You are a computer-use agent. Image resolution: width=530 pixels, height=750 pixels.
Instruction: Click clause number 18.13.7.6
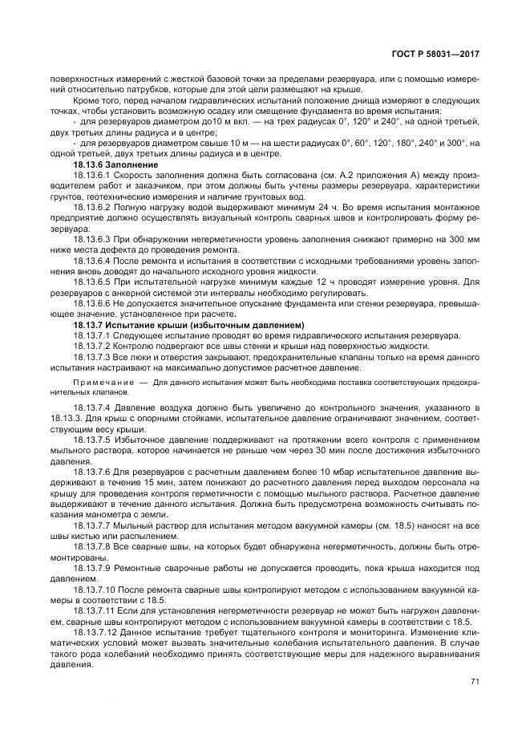point(91,473)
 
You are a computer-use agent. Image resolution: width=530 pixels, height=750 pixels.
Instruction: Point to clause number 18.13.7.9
point(91,568)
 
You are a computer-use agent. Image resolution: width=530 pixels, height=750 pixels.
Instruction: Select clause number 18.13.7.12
point(94,633)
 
